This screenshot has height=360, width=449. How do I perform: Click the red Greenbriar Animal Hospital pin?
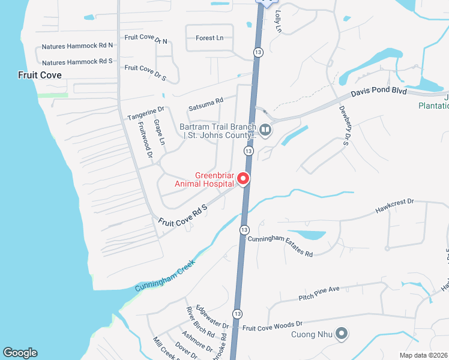(x=243, y=179)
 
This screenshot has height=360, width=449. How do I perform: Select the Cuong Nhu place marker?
(x=342, y=334)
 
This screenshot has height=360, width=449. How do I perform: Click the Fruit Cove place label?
(x=40, y=75)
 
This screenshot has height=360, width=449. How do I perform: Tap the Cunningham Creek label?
(x=165, y=276)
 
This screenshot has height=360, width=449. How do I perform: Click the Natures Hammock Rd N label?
(x=77, y=46)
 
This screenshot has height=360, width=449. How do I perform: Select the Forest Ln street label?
(x=209, y=38)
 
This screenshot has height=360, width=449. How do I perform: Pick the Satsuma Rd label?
(x=206, y=104)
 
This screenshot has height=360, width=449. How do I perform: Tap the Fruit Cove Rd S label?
(x=182, y=215)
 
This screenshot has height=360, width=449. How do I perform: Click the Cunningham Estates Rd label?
(x=280, y=247)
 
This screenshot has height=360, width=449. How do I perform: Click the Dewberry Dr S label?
(x=345, y=125)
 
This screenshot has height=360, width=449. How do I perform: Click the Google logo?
(x=20, y=353)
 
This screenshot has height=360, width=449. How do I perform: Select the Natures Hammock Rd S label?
(x=77, y=62)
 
